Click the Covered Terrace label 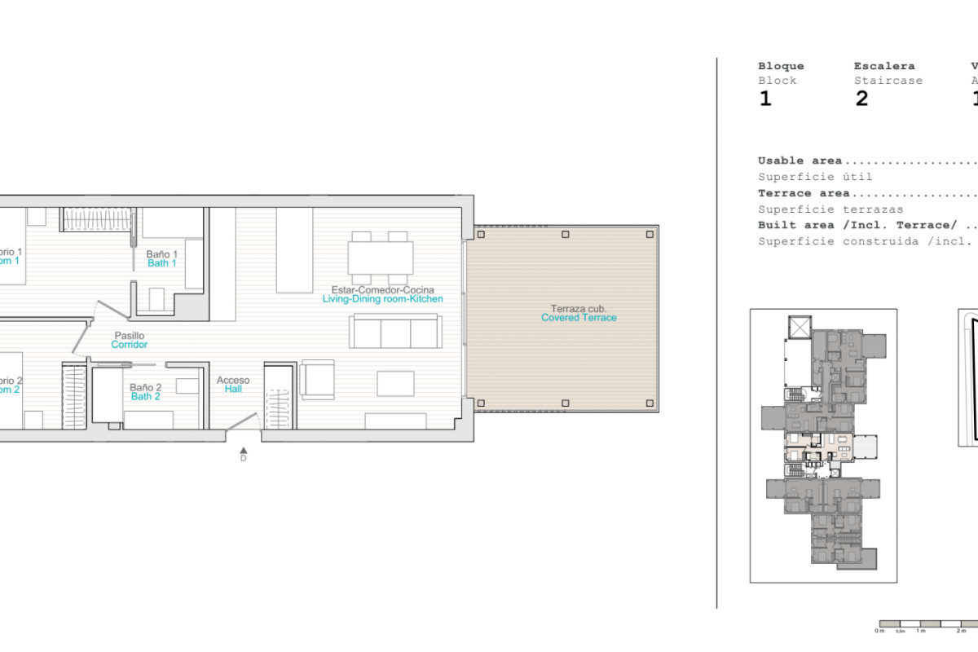[579, 318]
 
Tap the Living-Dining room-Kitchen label [382, 299]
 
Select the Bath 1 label [161, 263]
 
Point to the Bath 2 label [145, 396]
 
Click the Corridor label [129, 345]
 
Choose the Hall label [233, 390]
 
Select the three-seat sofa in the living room [395, 332]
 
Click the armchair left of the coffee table [316, 380]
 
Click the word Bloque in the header [781, 66]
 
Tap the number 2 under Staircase [861, 99]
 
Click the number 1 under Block [764, 99]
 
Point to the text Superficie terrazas [830, 209]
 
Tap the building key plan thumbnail [823, 445]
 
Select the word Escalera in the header [883, 66]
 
